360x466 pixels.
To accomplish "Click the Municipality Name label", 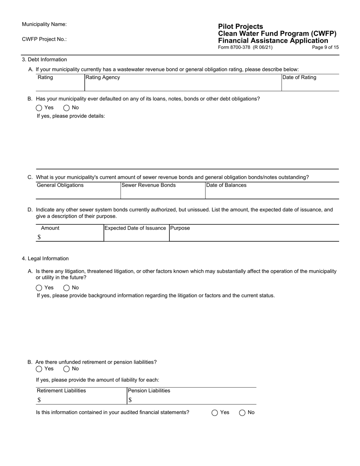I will [x=44, y=24].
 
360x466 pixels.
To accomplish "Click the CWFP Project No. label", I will [x=44, y=39].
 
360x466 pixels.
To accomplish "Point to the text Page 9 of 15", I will [x=325, y=47].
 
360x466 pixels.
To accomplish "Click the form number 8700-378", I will [x=245, y=47].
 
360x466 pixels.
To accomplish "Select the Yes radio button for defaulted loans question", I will [x=39, y=108].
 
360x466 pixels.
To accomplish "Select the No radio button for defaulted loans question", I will [x=67, y=108].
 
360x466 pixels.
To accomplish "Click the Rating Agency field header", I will [x=103, y=77].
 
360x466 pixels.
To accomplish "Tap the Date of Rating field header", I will [x=299, y=77].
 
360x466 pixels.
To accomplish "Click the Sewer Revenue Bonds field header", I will [x=149, y=185].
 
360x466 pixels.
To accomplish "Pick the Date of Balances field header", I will [x=226, y=185].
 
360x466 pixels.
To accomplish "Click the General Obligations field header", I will [x=60, y=185].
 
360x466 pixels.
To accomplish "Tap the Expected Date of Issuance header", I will [x=135, y=228].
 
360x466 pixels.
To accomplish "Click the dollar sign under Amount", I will [x=39, y=237].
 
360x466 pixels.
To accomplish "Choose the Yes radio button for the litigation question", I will [x=39, y=288].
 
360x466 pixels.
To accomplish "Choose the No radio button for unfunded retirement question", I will [x=67, y=369].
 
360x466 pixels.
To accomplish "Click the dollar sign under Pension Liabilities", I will [x=130, y=400].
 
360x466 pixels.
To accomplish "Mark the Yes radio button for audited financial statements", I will [x=215, y=413].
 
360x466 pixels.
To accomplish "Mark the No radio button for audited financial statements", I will [x=243, y=413].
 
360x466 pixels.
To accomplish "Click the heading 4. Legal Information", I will [x=45, y=258].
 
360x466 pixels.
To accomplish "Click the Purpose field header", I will [x=180, y=228].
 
